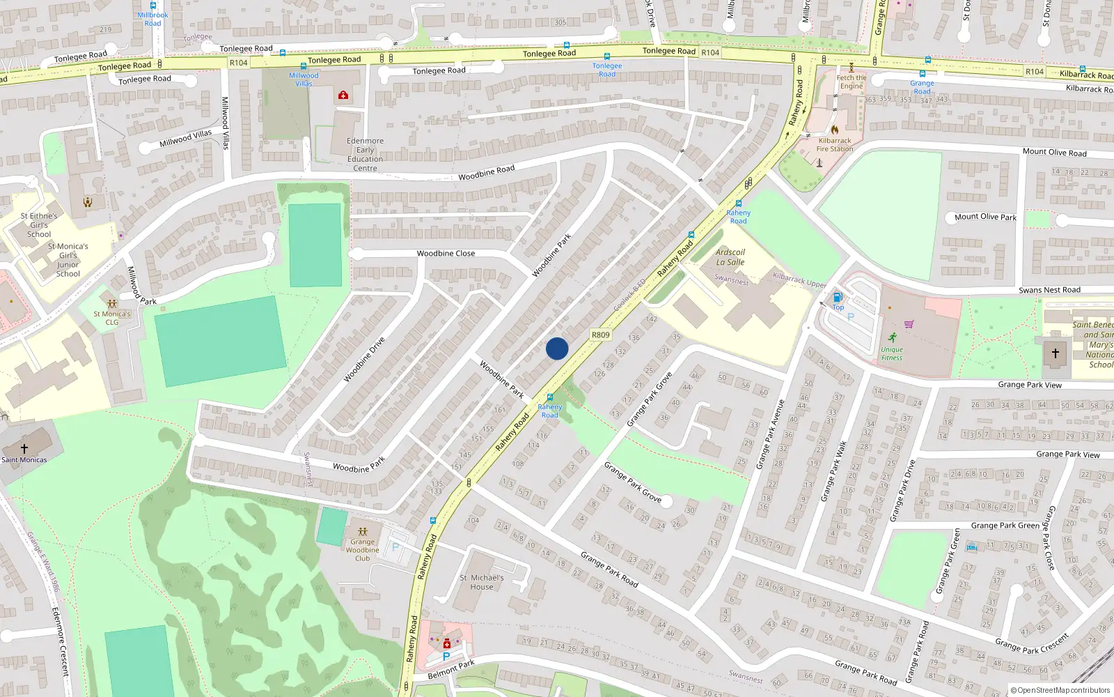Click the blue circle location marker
[557, 348]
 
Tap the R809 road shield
[600, 335]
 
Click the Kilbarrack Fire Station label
[835, 144]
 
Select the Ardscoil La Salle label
[730, 257]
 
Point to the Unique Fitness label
[892, 353]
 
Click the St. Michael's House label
[481, 582]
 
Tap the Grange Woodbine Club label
[362, 550]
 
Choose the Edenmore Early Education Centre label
[365, 154]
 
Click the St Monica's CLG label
[112, 318]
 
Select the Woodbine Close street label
[446, 254]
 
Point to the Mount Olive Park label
[985, 217]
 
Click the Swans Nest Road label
[1049, 290]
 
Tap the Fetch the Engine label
[851, 82]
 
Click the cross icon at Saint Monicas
[24, 449]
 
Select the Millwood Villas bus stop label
[304, 79]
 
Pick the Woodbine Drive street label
[364, 360]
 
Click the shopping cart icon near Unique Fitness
[909, 324]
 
